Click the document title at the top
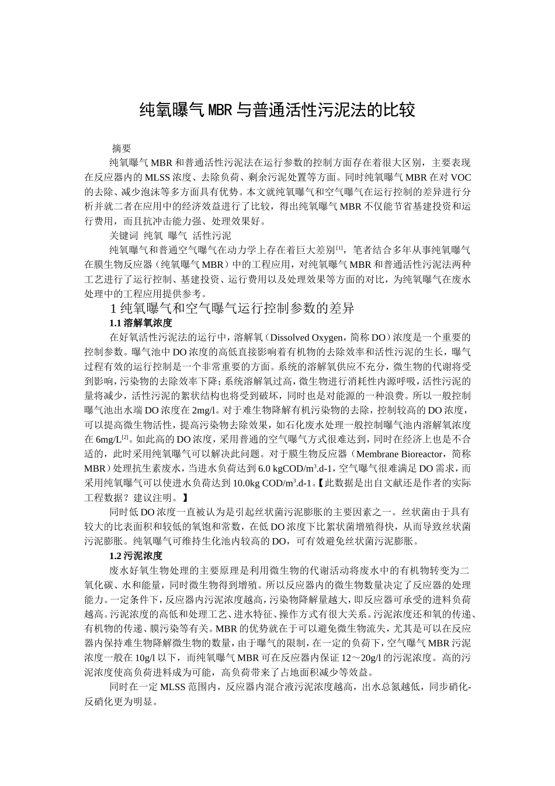pos(277,110)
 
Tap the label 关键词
pos(123,236)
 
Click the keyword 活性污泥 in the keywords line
pos(211,236)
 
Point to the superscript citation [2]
pos(124,436)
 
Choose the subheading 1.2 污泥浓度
pos(136,556)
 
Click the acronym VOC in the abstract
pos(460,177)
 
